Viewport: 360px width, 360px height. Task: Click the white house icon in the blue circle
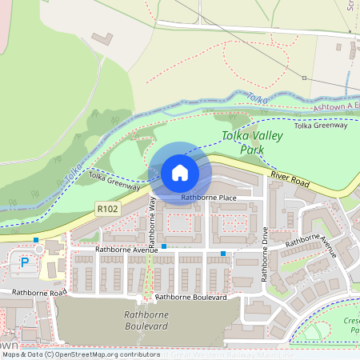point(179,172)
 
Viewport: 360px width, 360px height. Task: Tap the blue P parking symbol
point(24,262)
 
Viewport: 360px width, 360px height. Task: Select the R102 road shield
point(106,207)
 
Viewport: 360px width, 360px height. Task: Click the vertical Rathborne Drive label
point(264,254)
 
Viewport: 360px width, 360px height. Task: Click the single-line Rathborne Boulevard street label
point(191,297)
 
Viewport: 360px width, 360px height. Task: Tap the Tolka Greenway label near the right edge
point(321,126)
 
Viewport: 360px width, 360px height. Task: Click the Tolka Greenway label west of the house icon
point(114,180)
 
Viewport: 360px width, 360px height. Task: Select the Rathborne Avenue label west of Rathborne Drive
point(127,250)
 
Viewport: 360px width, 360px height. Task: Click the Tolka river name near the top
point(255,99)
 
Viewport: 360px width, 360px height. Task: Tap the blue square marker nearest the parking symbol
point(36,240)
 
